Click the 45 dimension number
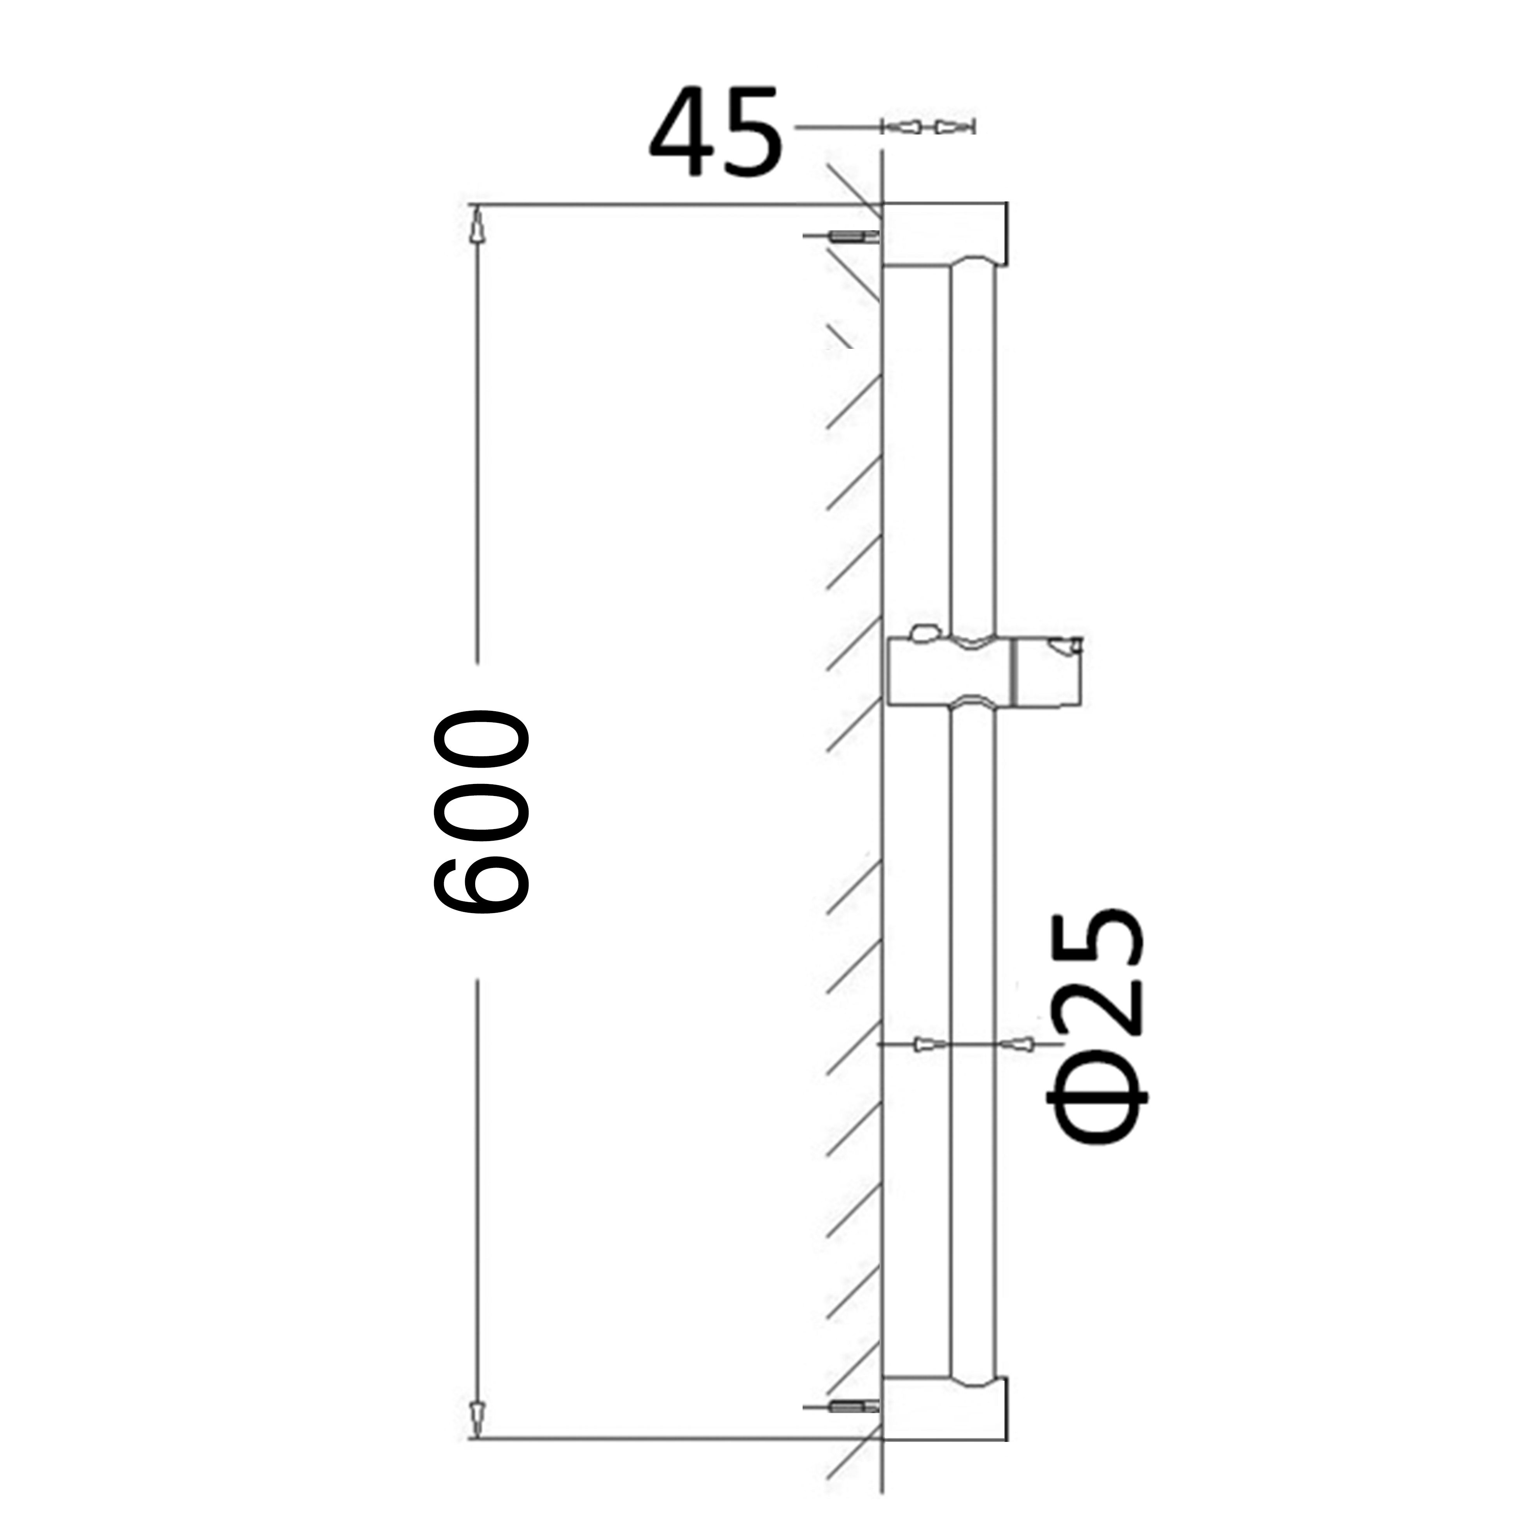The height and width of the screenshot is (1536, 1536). pyautogui.click(x=716, y=133)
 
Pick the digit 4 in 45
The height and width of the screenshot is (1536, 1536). pyautogui.click(x=680, y=133)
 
